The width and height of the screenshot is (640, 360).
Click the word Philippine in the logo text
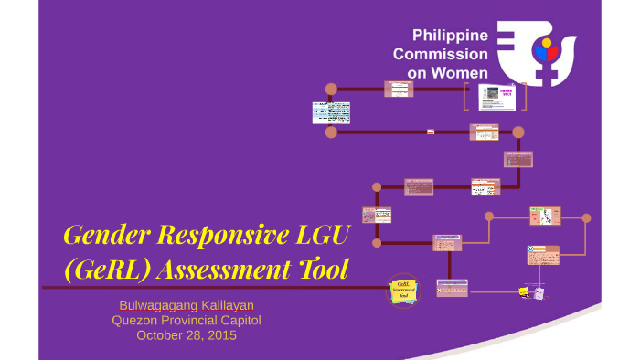450,36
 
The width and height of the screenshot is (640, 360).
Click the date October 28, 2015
186,335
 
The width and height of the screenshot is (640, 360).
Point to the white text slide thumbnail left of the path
331,112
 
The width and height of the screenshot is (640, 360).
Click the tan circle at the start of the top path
331,90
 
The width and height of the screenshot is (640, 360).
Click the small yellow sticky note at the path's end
524,291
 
